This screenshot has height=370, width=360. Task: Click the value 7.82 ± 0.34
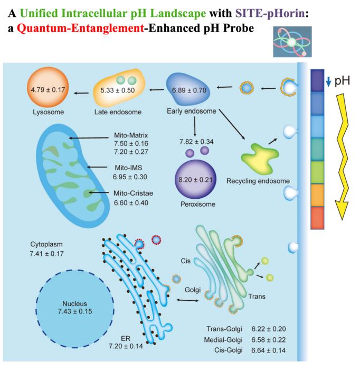[x=196, y=142]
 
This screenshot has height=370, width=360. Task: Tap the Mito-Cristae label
[x=134, y=193]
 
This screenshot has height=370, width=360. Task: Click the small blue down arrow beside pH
[x=328, y=82]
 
